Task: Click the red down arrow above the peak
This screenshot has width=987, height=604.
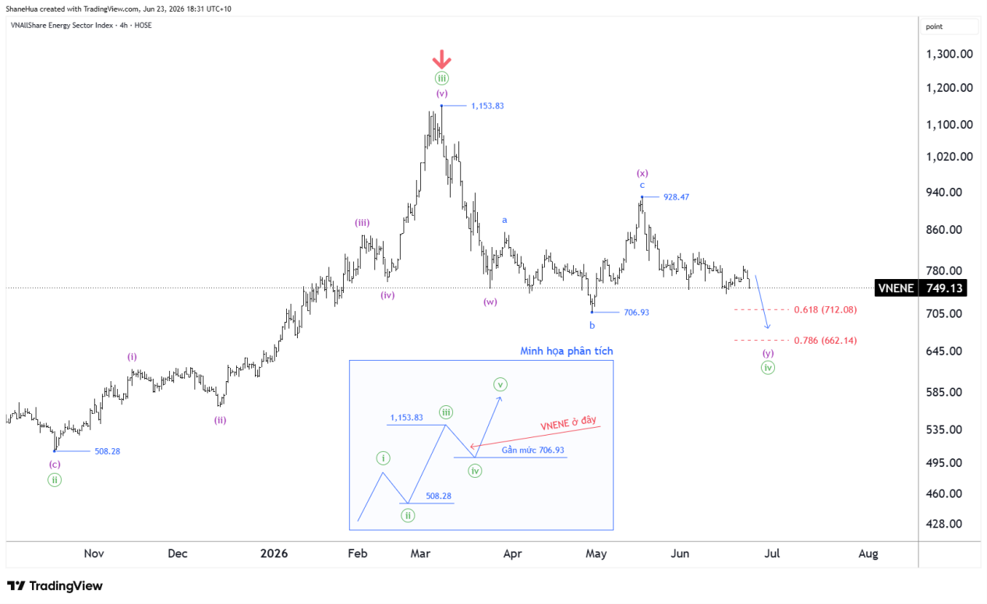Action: coord(441,59)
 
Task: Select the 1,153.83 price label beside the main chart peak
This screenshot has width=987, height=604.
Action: coord(487,106)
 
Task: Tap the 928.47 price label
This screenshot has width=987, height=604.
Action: coord(677,197)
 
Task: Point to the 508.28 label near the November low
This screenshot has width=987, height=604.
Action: coord(107,451)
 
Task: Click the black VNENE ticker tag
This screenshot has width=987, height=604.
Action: coord(897,288)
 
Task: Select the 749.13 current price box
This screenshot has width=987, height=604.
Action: coord(943,288)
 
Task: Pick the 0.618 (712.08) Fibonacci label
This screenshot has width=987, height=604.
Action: coord(826,309)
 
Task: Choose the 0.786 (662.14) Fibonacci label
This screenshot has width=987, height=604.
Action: coord(826,340)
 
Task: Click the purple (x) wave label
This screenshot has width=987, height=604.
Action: coord(642,173)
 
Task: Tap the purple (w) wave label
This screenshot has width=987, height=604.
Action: coord(490,302)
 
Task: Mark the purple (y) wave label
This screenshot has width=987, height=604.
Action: coord(768,353)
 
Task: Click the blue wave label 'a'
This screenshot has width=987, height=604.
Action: coord(505,220)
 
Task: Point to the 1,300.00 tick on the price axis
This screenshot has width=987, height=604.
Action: coord(949,54)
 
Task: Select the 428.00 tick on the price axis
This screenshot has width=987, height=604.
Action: coord(944,524)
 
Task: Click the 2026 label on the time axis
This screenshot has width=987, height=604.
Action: coord(274,553)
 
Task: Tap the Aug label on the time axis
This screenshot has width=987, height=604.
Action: coord(868,553)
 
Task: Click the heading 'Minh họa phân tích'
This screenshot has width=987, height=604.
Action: coord(566,351)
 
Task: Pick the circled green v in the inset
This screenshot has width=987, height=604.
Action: coord(500,384)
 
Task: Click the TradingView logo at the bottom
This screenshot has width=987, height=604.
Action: coord(55,585)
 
